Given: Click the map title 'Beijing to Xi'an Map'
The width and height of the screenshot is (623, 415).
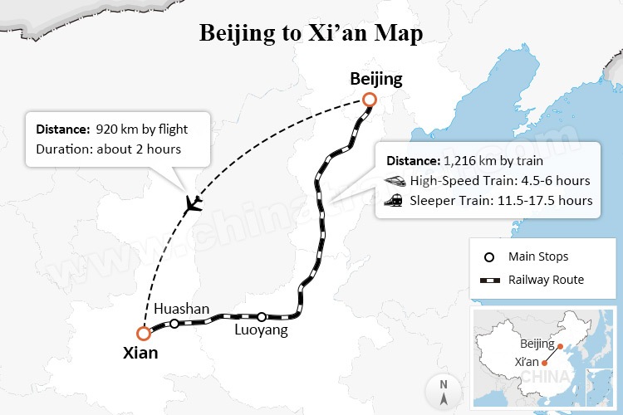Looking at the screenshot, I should pos(311,34).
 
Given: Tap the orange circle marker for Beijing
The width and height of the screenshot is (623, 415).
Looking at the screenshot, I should pos(370,100).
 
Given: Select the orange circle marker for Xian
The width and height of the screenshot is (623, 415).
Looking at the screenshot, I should pos(144,334).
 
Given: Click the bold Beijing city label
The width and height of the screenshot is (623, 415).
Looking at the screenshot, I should pos(375,80).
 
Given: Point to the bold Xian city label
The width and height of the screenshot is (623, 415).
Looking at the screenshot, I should pos(140,353).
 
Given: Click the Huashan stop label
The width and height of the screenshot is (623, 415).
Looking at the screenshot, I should pos(181,309).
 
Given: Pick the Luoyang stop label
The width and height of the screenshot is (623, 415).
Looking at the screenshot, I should pos(261,330).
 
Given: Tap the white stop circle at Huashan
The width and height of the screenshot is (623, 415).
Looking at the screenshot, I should pos(174,323).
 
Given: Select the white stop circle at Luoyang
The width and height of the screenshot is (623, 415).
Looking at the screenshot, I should pos(262,316).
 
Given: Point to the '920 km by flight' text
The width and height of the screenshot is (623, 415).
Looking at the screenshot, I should pos(142,129).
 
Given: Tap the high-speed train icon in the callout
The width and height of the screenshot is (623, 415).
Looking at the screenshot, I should pos(394,180).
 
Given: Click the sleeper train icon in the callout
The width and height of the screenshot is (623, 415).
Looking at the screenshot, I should pos(394,200).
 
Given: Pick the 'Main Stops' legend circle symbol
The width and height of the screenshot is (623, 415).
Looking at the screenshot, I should pos(490,256).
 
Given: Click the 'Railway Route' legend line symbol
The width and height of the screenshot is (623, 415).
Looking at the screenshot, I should pos(490,280).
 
